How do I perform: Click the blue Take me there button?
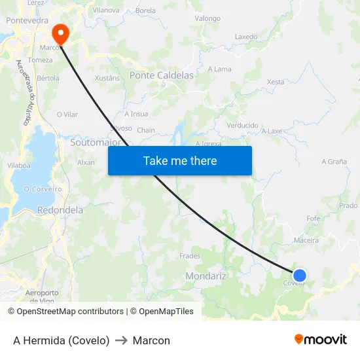180,160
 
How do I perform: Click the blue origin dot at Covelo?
300,276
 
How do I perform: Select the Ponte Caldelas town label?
162,75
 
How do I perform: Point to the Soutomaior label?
96,141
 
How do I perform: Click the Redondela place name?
60,210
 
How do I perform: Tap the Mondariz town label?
206,276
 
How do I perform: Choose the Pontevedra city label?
27,21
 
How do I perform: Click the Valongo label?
207,18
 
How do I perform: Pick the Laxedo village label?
246,37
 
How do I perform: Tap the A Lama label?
219,69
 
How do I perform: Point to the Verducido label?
242,125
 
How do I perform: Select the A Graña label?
334,162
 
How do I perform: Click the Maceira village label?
306,240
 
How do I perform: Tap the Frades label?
190,256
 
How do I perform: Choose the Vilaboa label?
18,166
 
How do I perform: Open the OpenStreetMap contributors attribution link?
68,312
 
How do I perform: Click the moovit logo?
321,340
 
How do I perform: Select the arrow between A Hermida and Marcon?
121,340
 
